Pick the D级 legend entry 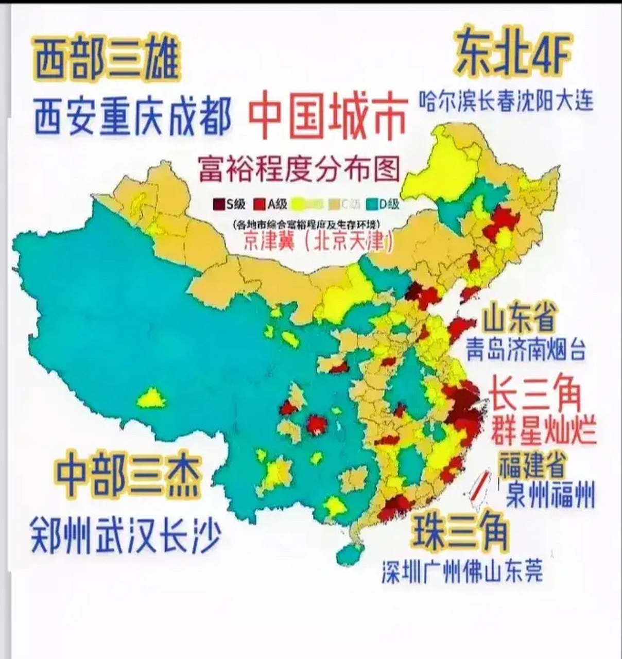[383, 204]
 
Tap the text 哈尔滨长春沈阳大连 [505, 100]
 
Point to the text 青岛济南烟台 [525, 349]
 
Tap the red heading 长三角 [535, 394]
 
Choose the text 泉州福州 [550, 494]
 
